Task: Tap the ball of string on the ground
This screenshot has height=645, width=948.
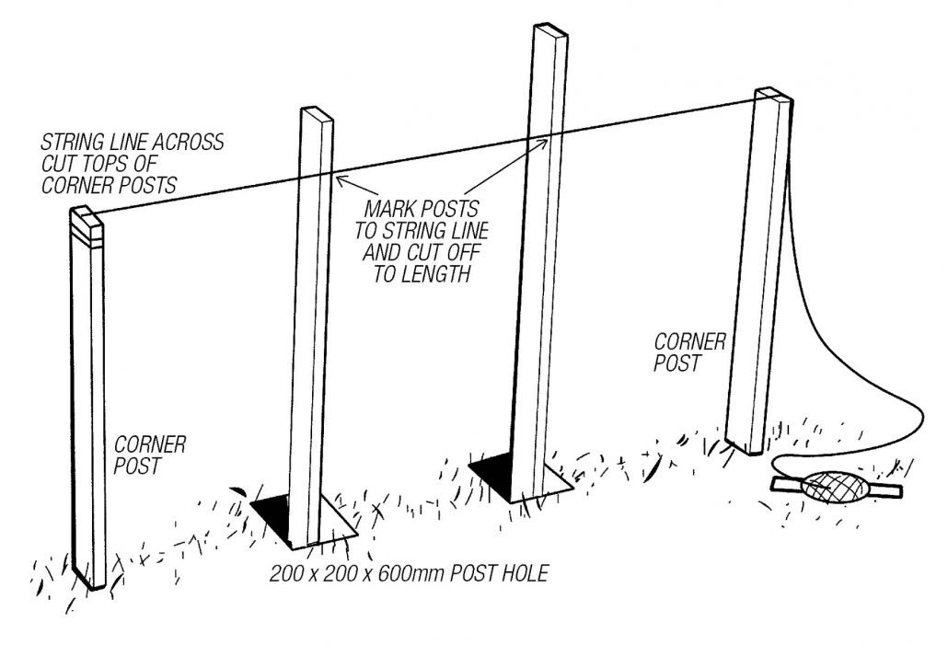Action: click(834, 486)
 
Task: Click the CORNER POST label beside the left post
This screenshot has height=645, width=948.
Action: click(150, 455)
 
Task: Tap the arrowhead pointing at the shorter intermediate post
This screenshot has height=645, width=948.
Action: click(340, 179)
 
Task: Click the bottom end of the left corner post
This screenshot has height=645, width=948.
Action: click(93, 582)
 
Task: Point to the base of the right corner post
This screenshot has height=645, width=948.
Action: click(745, 447)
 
